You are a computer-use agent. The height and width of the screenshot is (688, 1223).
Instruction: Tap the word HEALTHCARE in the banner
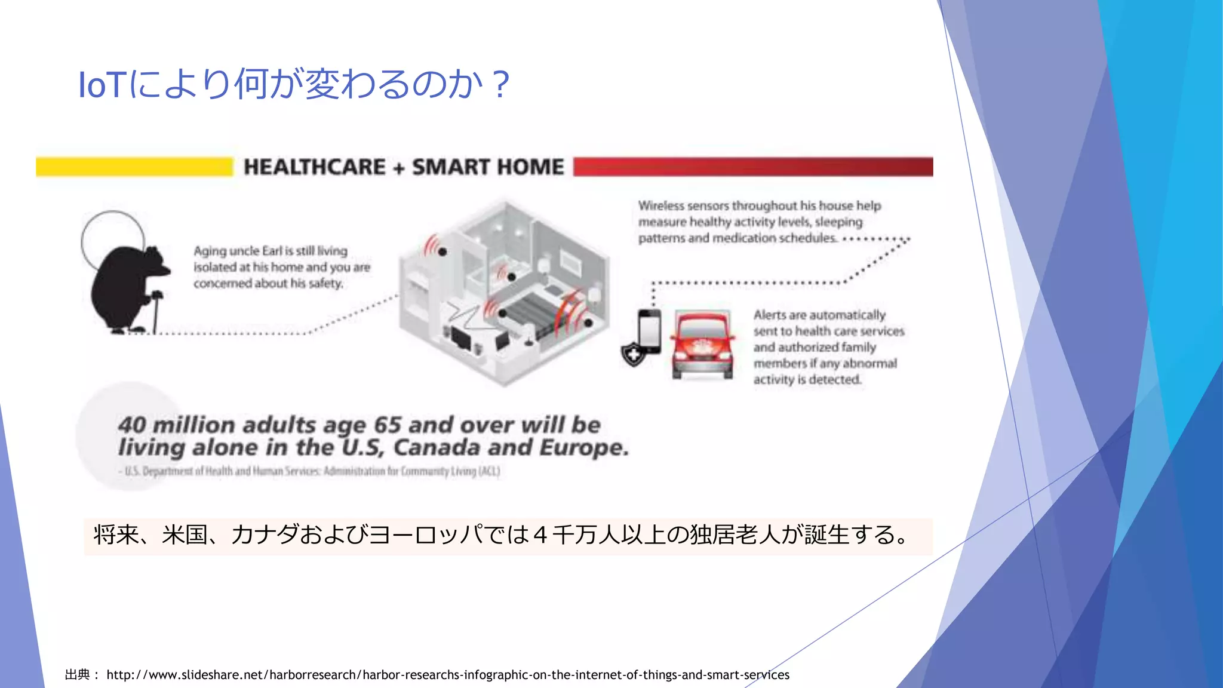315,167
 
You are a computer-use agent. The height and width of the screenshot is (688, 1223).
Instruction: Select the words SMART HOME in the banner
488,167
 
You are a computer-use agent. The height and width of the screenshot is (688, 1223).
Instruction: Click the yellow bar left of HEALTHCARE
134,167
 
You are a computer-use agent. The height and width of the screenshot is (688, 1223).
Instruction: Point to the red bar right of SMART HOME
752,167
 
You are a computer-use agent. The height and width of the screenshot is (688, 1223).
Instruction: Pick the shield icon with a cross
633,355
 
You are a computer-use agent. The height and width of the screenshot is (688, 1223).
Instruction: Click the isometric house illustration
505,293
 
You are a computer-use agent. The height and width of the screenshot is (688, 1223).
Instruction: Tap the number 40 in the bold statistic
132,425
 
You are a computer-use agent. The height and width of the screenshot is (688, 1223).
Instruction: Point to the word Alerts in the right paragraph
770,315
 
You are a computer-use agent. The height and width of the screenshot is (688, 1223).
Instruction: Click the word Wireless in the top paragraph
660,206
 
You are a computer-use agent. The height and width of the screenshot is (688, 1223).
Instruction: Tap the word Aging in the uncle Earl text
209,251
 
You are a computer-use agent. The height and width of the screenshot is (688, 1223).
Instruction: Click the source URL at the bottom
448,675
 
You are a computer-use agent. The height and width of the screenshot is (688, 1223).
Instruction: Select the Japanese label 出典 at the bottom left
78,675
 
